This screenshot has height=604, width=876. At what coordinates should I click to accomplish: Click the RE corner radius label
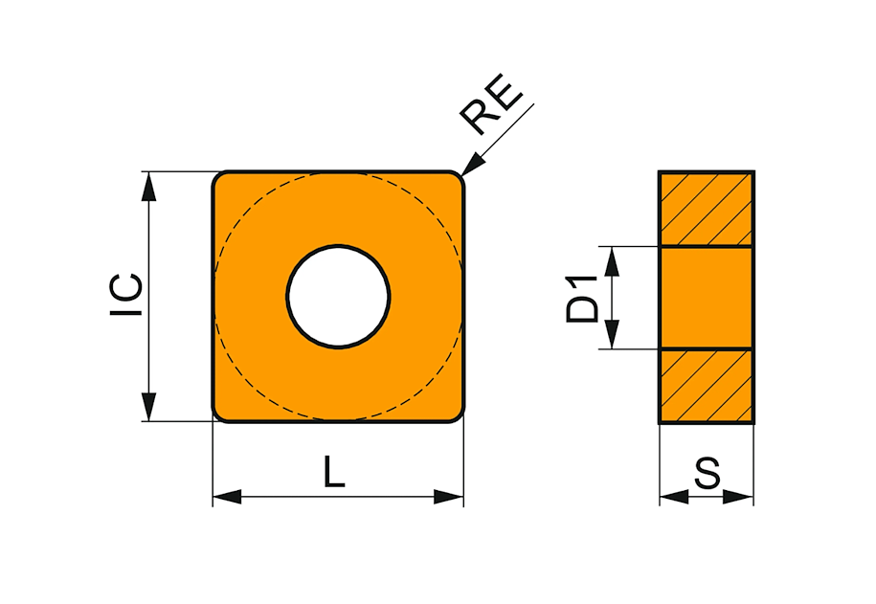[491, 104]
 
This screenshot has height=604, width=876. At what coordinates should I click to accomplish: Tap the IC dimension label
[126, 295]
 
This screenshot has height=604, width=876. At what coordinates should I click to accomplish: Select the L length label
[334, 472]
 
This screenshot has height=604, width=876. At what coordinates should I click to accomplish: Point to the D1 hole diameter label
[582, 299]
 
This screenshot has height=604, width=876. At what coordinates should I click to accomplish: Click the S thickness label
[708, 473]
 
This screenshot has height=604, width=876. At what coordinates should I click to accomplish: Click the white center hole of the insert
[338, 297]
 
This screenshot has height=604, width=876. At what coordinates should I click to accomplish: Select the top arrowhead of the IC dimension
[148, 186]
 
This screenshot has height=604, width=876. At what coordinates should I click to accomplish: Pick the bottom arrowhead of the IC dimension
[148, 407]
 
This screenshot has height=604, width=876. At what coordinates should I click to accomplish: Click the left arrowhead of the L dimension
[227, 496]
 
